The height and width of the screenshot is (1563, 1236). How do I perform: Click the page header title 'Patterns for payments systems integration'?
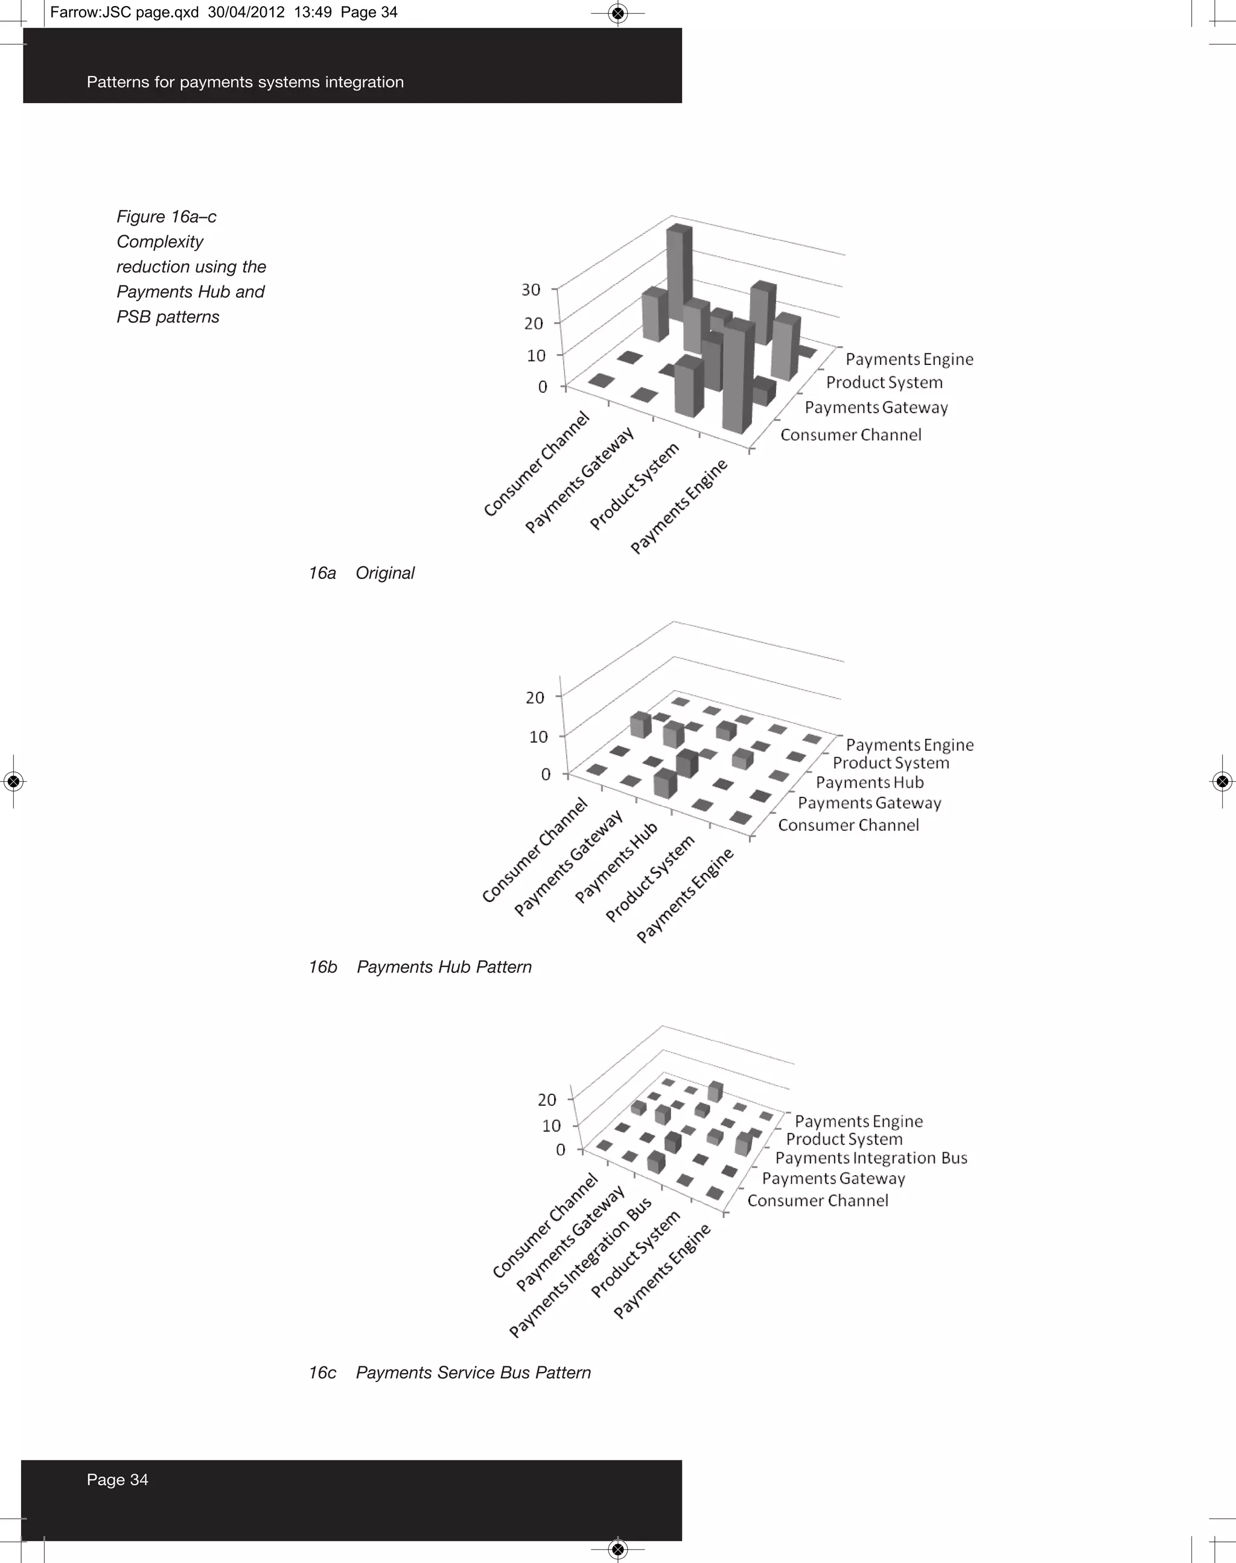[244, 81]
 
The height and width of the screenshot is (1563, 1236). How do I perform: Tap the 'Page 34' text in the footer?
[117, 1479]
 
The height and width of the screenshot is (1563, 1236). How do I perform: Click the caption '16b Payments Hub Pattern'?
[419, 967]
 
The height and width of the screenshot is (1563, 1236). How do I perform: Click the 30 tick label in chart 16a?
[530, 290]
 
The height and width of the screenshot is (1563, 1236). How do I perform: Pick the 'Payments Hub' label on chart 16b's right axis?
[869, 782]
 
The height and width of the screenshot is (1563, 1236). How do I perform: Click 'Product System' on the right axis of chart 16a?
[884, 382]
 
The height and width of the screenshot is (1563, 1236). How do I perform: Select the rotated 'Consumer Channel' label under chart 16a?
[537, 464]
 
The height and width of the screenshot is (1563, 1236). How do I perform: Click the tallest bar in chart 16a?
[679, 271]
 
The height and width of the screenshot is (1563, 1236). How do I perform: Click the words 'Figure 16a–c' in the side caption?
[167, 217]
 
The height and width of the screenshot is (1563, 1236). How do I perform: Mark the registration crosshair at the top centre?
[617, 13]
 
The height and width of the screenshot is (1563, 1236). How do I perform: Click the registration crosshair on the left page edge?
[13, 781]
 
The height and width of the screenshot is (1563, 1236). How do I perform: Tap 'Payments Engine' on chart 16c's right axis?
[858, 1120]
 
